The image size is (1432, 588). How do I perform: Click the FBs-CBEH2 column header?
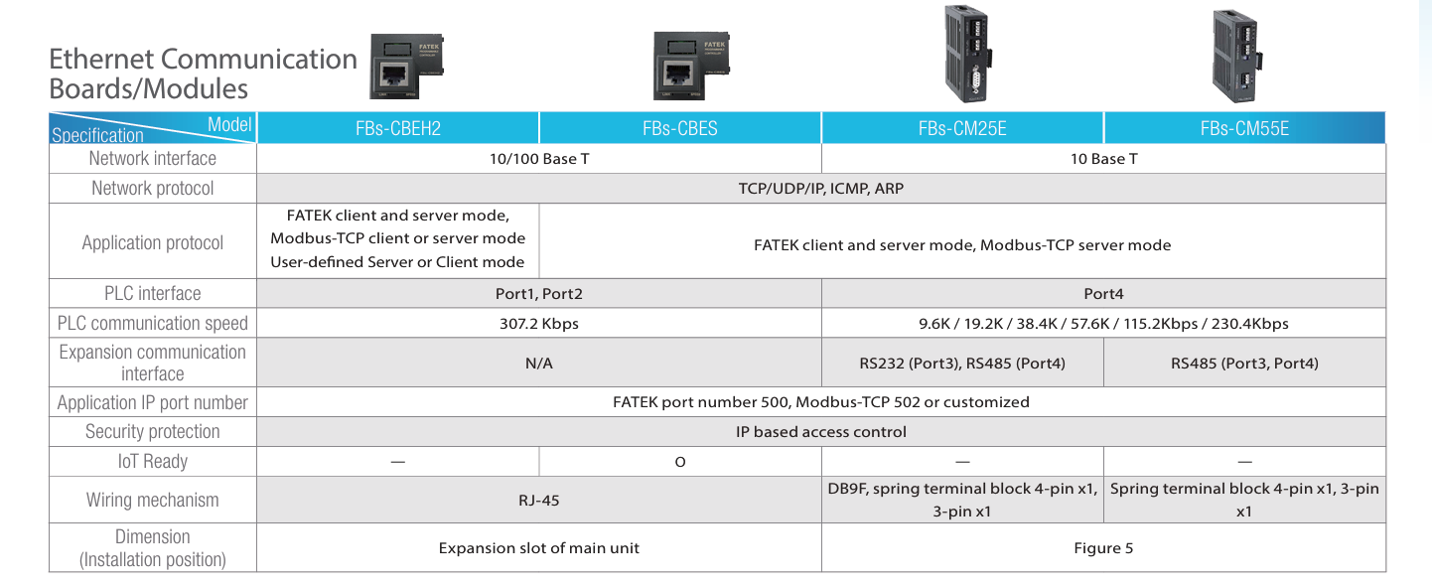coord(397,128)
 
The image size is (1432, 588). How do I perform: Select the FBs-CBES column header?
coord(679,128)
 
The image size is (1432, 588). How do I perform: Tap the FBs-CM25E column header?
coord(961,128)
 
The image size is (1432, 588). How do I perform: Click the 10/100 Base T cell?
coord(538,159)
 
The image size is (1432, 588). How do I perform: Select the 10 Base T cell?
coord(1103,159)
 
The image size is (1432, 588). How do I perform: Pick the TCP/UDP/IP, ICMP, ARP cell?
coord(820,188)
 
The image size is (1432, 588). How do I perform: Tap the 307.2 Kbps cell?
coord(538,323)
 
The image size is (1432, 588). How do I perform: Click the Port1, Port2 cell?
coord(538,294)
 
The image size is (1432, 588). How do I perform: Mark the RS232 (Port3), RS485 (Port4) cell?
coord(961,364)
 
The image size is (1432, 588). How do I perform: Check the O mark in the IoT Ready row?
coord(679,462)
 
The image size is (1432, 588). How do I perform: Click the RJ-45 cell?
coord(538,501)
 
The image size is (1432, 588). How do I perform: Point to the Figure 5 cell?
coord(1103,548)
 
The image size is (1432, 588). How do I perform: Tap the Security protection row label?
coord(153,431)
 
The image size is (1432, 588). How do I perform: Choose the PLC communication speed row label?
coord(153,323)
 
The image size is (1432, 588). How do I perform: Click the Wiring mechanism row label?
coord(153,501)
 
